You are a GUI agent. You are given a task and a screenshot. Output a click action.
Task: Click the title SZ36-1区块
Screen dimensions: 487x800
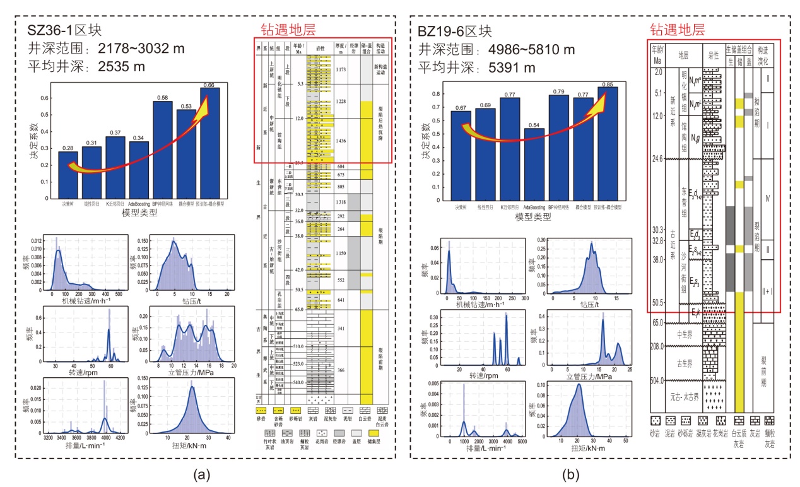[64, 30]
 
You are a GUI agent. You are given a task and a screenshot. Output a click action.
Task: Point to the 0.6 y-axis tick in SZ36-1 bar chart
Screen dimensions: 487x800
[44, 98]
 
